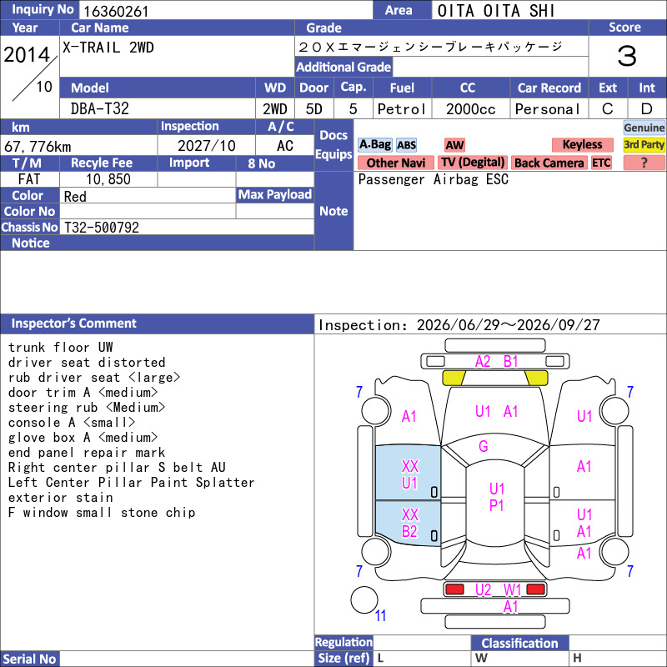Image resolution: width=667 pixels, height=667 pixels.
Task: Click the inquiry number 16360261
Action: tap(116, 11)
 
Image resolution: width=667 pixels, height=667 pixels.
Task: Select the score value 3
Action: tap(627, 56)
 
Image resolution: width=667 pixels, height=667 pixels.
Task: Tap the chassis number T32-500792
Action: tap(102, 227)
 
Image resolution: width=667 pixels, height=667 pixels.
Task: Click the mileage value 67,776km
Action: tap(38, 147)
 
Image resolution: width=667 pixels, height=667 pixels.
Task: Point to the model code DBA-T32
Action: tap(99, 109)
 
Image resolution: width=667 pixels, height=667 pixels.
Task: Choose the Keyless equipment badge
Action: tap(582, 144)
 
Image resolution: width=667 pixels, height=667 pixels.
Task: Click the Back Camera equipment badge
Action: tap(549, 163)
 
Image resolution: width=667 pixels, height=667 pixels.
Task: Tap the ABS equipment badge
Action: tap(406, 145)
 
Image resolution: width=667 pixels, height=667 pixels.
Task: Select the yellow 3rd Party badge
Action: tap(644, 144)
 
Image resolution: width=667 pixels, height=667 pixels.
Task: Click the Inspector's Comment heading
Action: tap(73, 323)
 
